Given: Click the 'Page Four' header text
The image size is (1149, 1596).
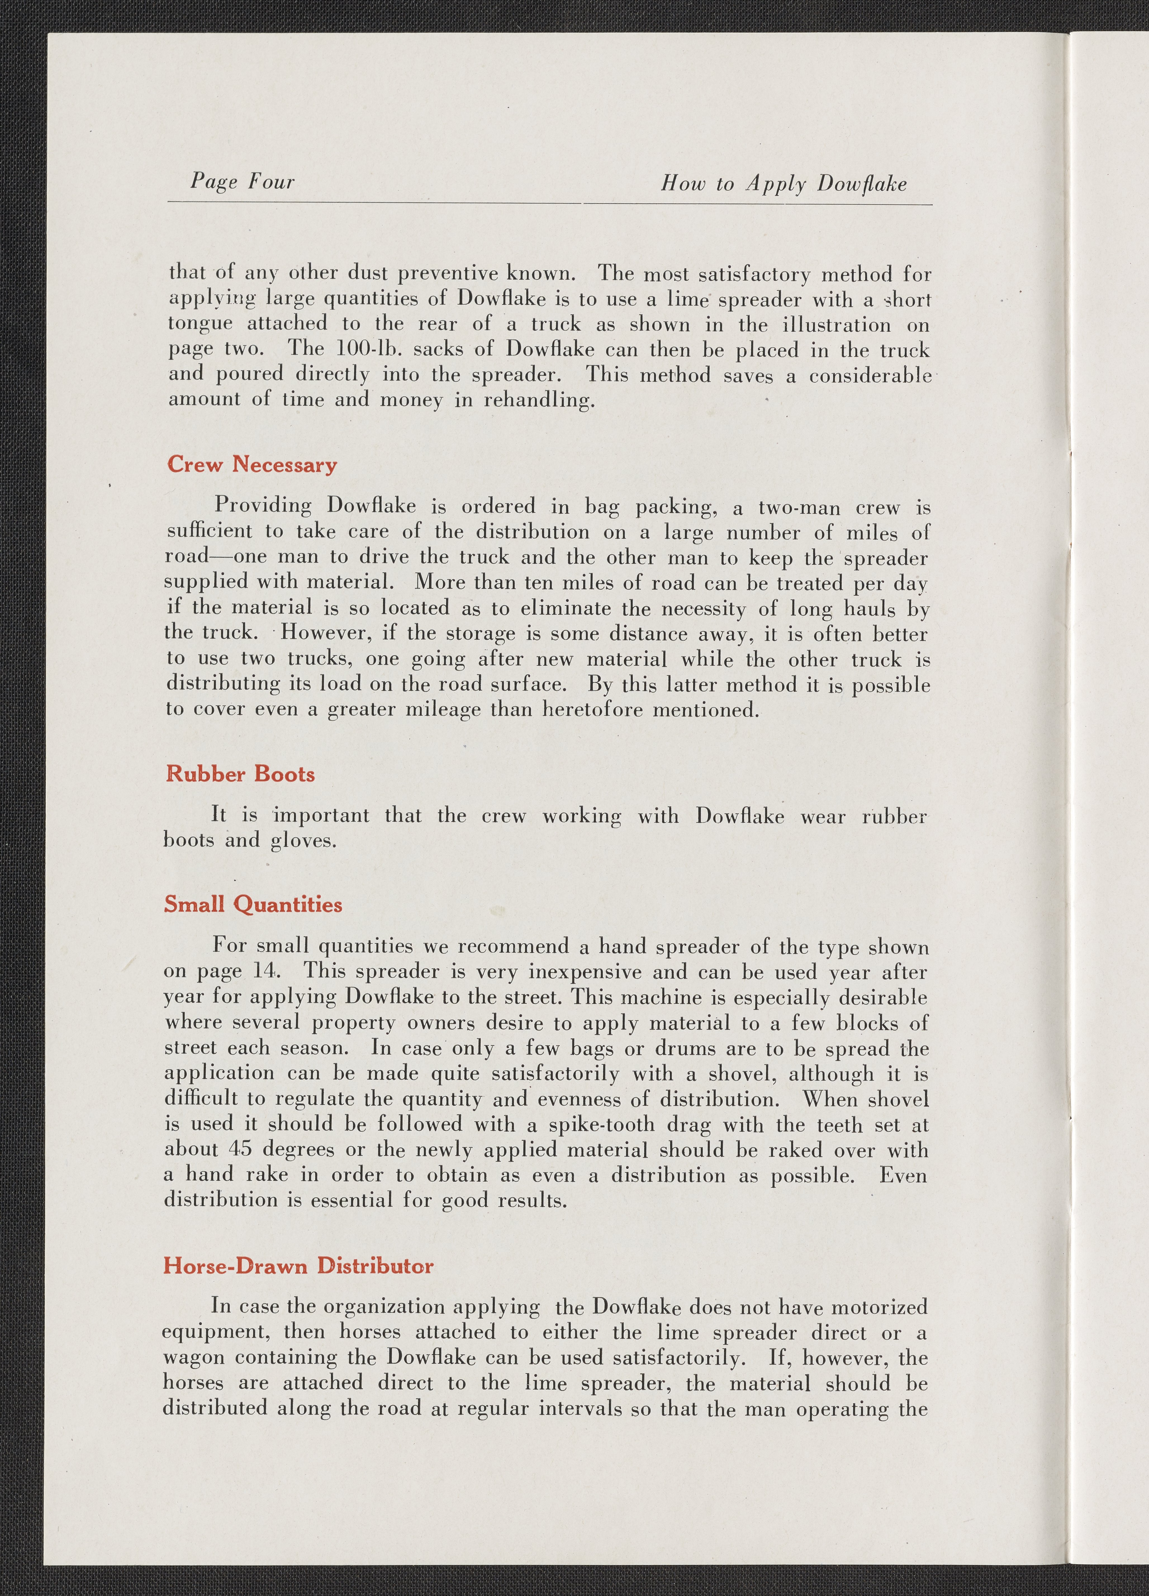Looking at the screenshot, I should (242, 182).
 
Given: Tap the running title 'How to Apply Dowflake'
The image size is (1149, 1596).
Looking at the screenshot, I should (783, 184).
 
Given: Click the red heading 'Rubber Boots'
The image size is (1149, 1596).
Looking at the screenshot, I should (240, 774).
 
